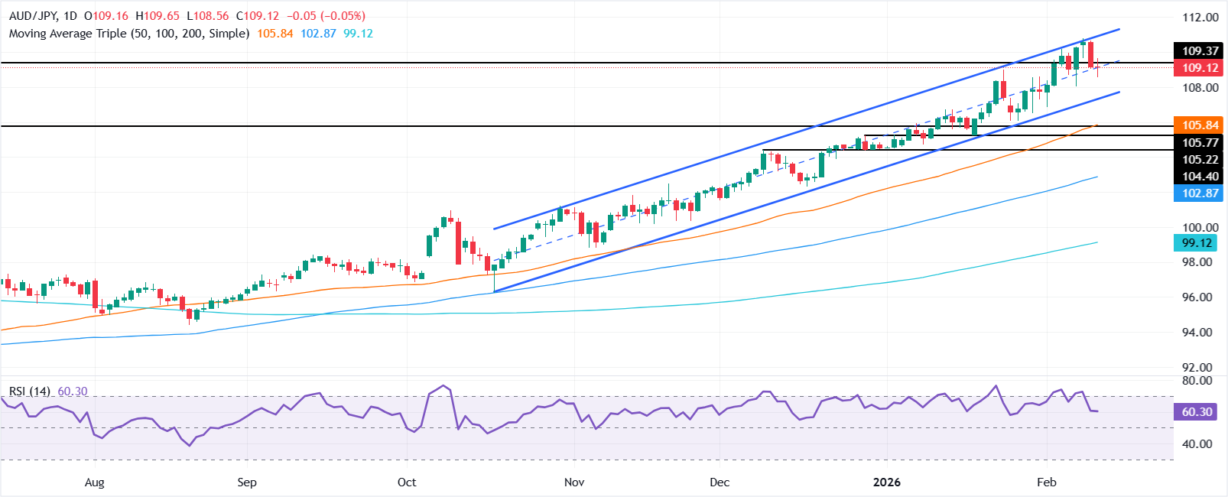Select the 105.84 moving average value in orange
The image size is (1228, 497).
pos(275,34)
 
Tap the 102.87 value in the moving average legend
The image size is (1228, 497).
pos(318,34)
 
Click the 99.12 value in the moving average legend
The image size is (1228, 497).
pos(359,34)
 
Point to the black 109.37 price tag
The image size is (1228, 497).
pos(1200,51)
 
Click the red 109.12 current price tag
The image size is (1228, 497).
pos(1200,68)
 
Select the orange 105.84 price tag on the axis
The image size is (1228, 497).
pos(1200,125)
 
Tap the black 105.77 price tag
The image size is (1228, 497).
pos(1200,143)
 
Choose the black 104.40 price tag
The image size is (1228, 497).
pos(1200,177)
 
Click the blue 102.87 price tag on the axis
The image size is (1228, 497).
pos(1200,193)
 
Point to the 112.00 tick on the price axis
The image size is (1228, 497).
pos(1200,18)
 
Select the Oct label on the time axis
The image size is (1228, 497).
pos(407,482)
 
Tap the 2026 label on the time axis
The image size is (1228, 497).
pos(887,482)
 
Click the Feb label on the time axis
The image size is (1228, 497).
pos(1046,482)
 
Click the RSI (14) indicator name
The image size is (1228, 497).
pos(30,391)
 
